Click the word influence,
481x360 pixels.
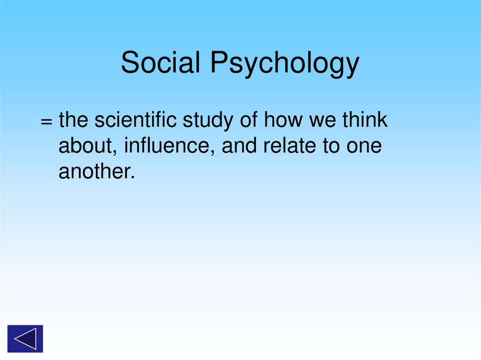(170, 146)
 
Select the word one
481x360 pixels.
(364, 147)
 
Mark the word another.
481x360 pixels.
(97, 173)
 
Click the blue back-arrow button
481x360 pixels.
(25, 338)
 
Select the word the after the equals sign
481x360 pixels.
(74, 120)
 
